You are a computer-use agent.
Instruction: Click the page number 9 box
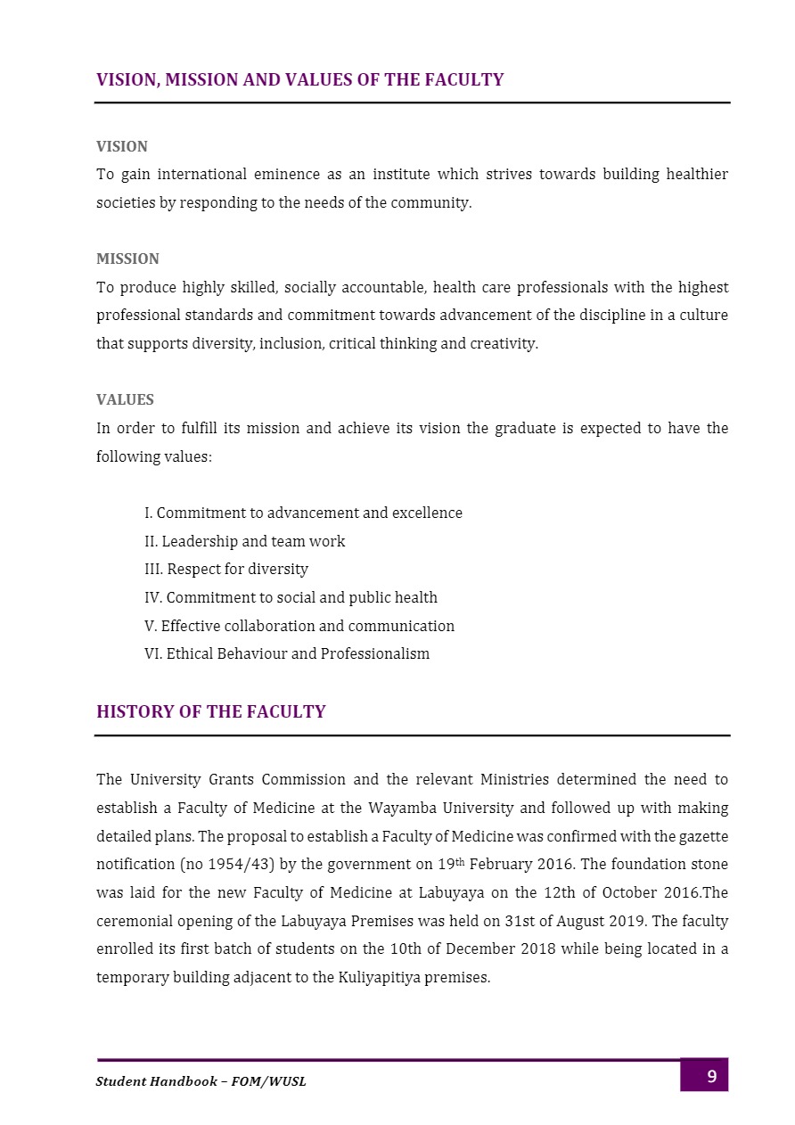(x=704, y=1075)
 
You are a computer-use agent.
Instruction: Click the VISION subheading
(x=122, y=146)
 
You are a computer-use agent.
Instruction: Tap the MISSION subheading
(x=127, y=259)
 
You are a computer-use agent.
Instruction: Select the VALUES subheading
(x=125, y=400)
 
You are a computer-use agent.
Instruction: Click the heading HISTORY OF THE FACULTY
(x=211, y=712)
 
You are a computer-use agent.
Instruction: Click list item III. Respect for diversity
(x=226, y=569)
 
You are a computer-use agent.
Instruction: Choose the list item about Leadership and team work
(x=244, y=541)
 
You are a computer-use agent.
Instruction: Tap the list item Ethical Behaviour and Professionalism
(x=287, y=653)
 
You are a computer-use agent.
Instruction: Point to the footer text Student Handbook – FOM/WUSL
(x=201, y=1081)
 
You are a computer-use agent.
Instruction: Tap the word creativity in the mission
(x=504, y=343)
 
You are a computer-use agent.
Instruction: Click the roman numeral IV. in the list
(x=153, y=597)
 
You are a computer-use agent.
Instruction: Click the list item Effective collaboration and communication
(x=299, y=626)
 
